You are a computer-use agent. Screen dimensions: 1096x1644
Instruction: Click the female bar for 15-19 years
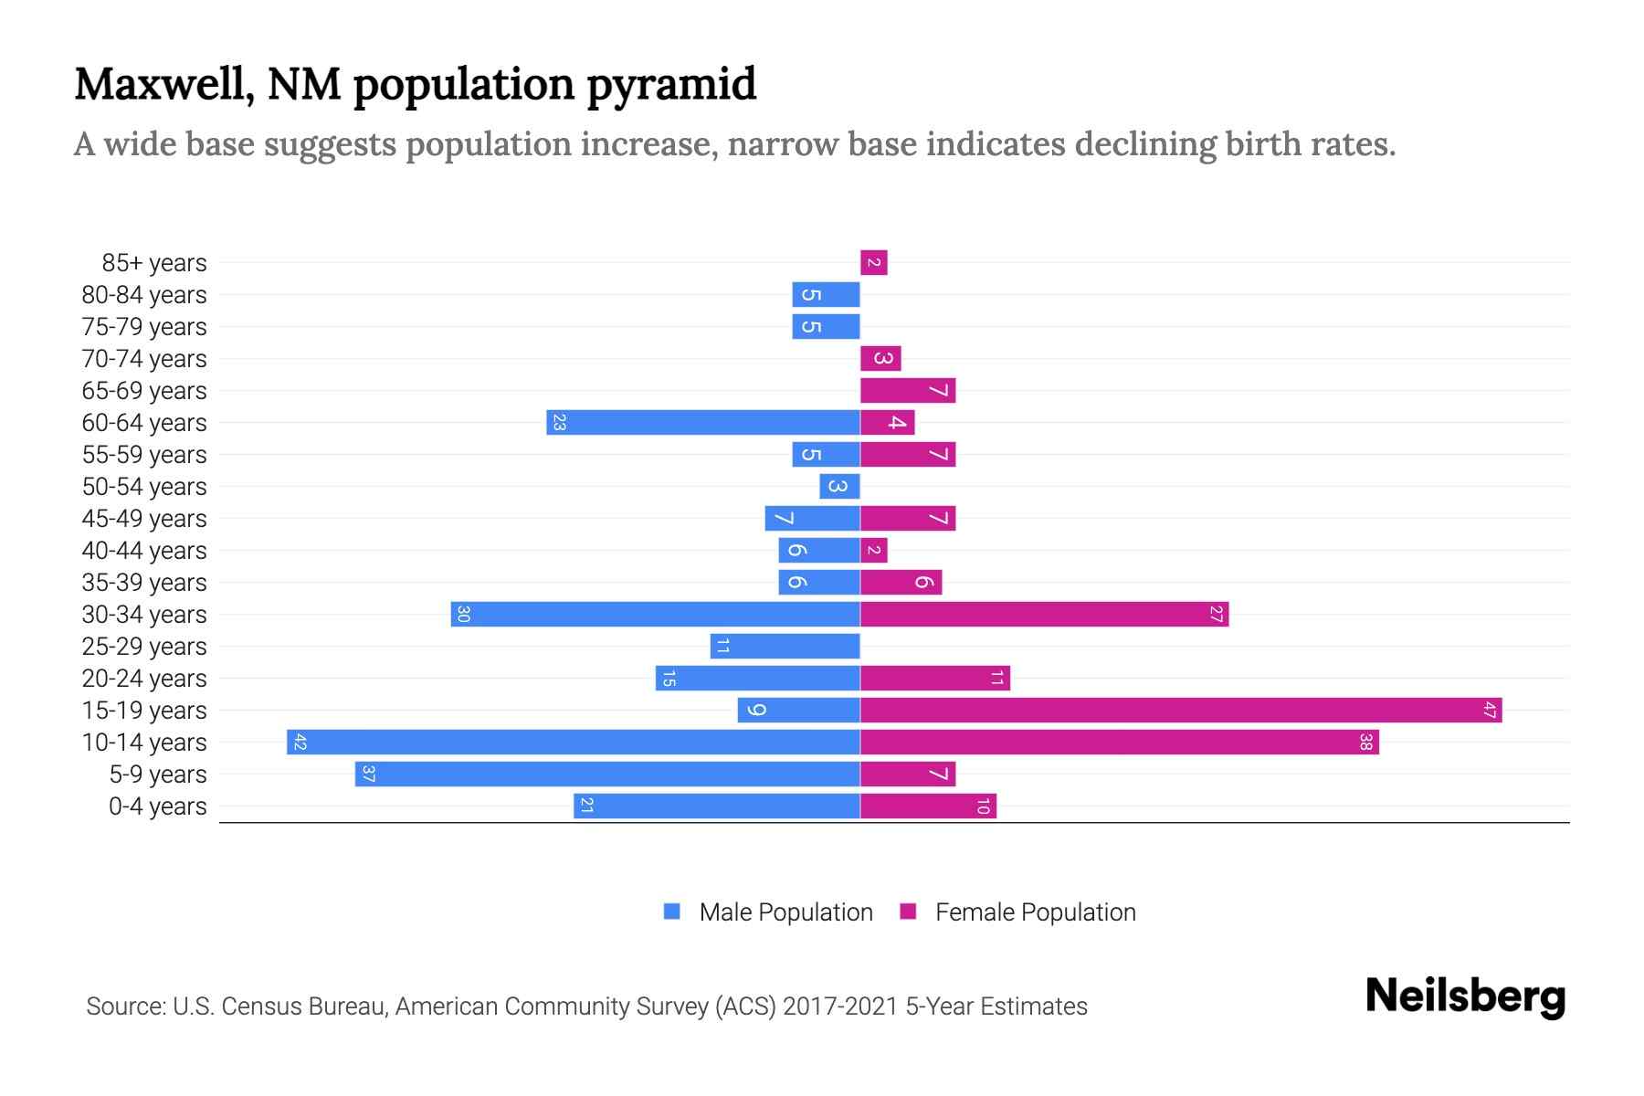[1180, 710]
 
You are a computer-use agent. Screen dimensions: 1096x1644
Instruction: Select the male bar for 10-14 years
[574, 742]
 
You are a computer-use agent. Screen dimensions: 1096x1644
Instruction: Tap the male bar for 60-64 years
[703, 422]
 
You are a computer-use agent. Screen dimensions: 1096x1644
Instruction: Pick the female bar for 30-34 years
[1044, 614]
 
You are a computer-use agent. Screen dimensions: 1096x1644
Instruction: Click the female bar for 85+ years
[874, 263]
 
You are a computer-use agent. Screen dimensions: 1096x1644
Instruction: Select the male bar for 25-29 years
[785, 646]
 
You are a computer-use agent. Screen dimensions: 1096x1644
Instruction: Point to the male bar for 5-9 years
[607, 774]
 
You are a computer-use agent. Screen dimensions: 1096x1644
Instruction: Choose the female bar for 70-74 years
[880, 358]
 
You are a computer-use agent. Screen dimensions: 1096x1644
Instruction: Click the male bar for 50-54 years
[839, 486]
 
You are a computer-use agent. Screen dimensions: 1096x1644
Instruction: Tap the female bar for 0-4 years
[928, 806]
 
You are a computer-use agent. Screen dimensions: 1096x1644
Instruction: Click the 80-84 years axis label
[144, 295]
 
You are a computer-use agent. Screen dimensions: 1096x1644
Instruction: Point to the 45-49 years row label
[144, 519]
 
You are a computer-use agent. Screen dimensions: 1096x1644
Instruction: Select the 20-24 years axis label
[144, 679]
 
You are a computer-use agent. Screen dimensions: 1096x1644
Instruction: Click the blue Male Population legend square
[672, 912]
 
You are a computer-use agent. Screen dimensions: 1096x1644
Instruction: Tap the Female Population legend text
[1035, 912]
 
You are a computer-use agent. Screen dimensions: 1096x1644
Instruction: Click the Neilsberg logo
[1465, 996]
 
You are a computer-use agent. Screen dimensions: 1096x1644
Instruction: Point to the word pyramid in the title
[671, 84]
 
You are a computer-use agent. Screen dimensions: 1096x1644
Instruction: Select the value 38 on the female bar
[1365, 742]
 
